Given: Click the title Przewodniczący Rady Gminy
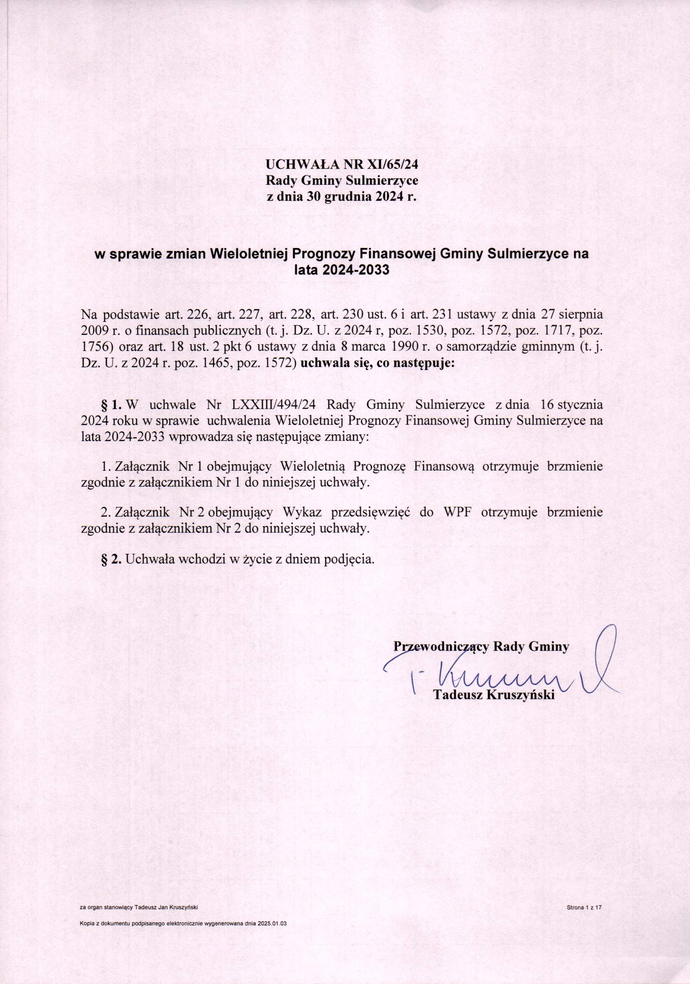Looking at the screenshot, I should pyautogui.click(x=481, y=646).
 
